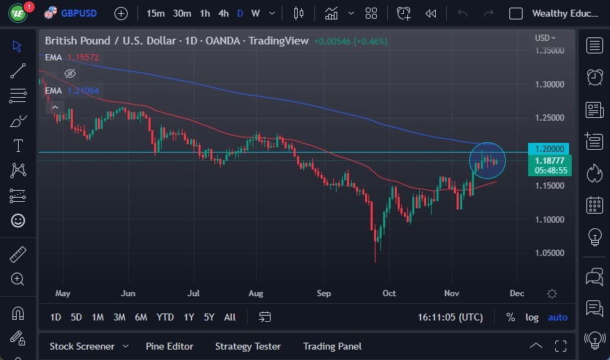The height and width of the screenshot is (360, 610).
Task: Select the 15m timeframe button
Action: tap(155, 13)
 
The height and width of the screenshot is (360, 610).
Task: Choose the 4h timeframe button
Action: tap(223, 13)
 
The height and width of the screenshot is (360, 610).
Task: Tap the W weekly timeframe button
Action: tap(255, 13)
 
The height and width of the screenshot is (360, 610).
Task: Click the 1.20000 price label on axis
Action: tap(550, 148)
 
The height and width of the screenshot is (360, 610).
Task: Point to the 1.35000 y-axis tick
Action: tap(550, 51)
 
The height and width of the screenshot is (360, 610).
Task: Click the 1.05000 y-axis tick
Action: tap(550, 253)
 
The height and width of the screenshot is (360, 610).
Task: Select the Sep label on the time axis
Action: tap(323, 293)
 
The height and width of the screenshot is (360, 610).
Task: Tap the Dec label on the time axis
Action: tap(516, 293)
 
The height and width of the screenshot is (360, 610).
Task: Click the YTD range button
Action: tap(165, 317)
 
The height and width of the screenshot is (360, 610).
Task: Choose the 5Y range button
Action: tap(209, 317)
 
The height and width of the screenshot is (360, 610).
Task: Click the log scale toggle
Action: tap(532, 317)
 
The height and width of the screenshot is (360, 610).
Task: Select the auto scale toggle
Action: tap(557, 317)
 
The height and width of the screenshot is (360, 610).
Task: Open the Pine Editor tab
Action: tap(169, 346)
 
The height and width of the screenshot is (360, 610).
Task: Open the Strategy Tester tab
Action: tap(248, 346)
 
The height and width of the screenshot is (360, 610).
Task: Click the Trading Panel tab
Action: tap(332, 346)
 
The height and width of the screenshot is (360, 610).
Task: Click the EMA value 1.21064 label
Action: tap(83, 91)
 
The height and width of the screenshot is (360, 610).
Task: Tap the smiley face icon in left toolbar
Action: tap(18, 220)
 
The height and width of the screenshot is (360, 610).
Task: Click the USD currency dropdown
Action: tap(545, 38)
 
